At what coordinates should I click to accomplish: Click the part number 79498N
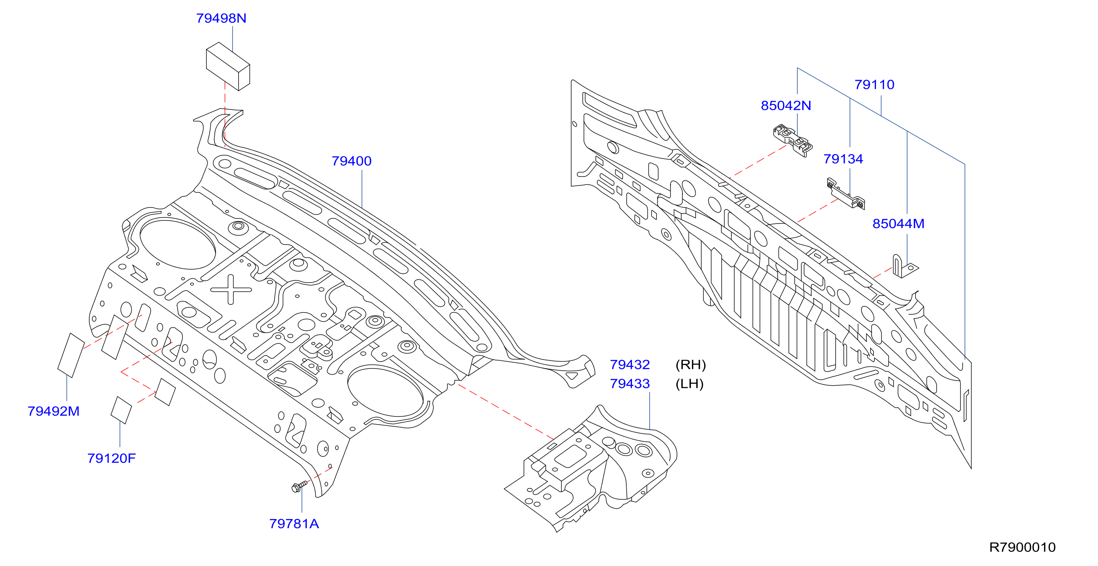221,18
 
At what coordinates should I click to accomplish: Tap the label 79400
351,161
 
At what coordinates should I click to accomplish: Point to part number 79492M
54,412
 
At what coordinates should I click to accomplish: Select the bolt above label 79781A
300,486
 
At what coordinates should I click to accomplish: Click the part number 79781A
294,524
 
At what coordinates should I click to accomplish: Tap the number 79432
630,365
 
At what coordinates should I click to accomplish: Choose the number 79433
630,384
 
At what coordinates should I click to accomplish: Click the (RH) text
690,365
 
